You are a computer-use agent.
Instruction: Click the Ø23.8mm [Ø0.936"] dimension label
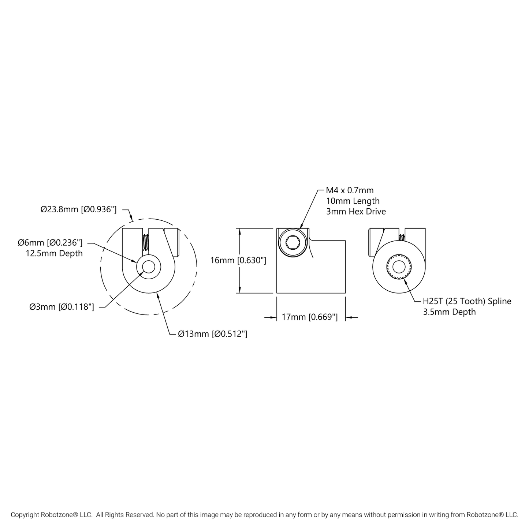click(78, 209)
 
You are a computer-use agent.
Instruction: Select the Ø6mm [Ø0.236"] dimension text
click(51, 242)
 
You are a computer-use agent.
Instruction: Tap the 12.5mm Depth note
click(54, 253)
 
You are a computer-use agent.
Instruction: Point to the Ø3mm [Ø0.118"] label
click(62, 307)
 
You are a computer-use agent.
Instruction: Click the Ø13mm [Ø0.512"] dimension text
click(212, 334)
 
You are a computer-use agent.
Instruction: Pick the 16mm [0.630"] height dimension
click(238, 260)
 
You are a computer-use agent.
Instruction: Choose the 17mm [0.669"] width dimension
click(309, 317)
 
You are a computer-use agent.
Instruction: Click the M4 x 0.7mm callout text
click(350, 190)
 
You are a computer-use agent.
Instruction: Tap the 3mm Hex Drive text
click(356, 211)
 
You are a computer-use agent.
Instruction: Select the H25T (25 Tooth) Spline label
click(467, 301)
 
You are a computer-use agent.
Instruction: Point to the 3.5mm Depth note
click(449, 312)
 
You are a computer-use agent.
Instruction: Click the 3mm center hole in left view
click(148, 267)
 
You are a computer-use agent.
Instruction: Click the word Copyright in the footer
click(25, 515)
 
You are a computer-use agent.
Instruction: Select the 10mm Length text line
click(353, 201)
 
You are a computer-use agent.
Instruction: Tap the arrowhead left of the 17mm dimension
click(273, 317)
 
